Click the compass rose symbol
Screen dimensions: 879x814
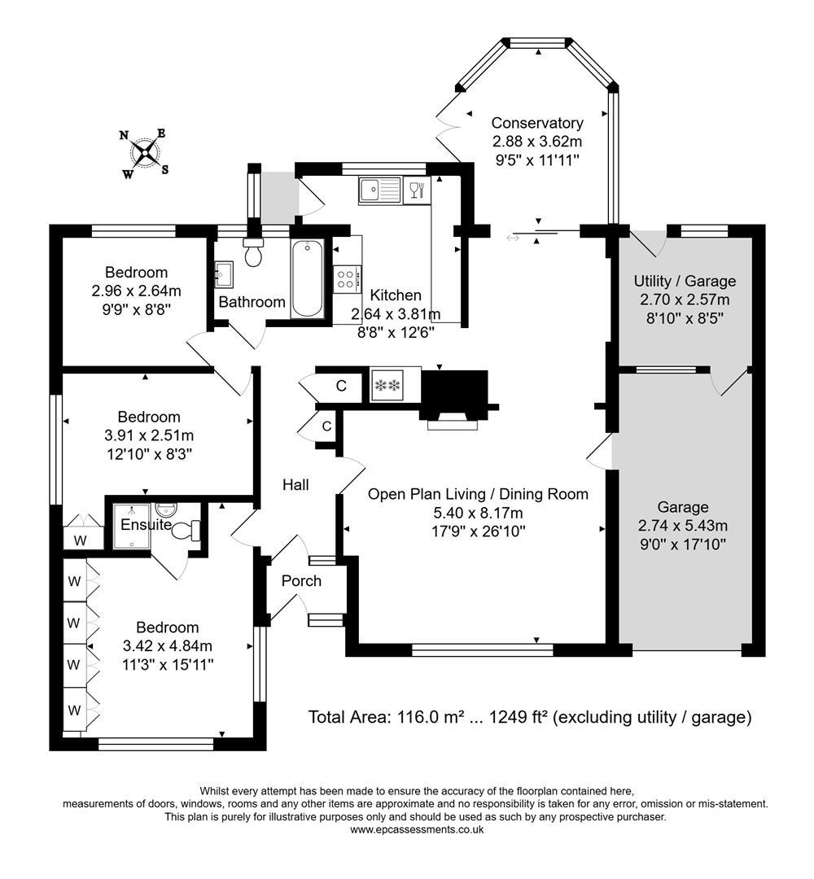coord(146,152)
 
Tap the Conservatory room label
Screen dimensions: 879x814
coord(537,123)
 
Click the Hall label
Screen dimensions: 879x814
coord(295,485)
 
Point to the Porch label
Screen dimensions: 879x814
coord(301,581)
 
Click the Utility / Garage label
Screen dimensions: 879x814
coord(685,281)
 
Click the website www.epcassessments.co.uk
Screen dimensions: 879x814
coord(417,829)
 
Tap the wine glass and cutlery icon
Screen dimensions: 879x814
coord(415,191)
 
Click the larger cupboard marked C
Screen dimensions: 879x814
coord(341,386)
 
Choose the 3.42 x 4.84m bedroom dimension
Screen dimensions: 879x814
coord(167,646)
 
